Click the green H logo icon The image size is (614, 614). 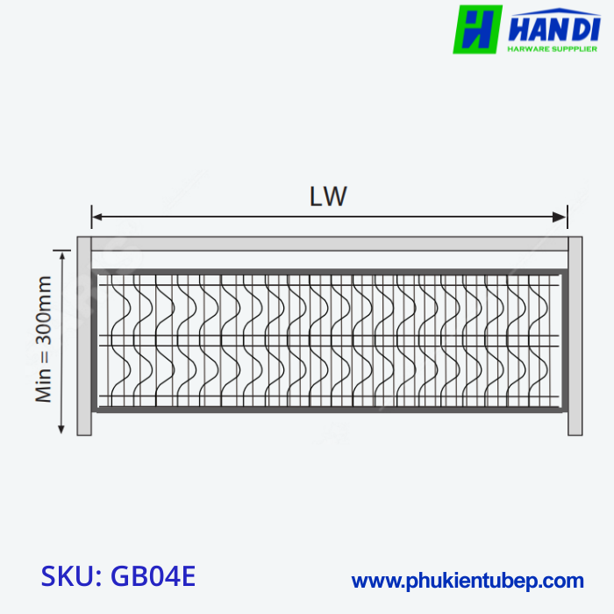(x=477, y=29)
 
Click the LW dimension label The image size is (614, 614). (x=328, y=197)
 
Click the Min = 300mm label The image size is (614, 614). (x=44, y=339)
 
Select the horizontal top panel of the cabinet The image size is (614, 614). (x=329, y=244)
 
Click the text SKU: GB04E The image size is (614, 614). (x=118, y=577)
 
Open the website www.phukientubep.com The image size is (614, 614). (x=467, y=581)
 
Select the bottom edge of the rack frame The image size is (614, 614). (x=329, y=408)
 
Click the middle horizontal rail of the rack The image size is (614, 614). (x=329, y=340)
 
